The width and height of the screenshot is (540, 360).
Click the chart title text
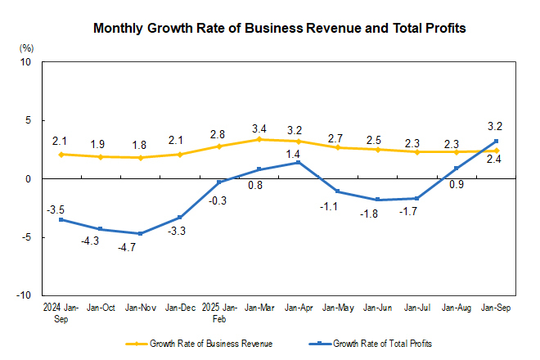[x=280, y=28]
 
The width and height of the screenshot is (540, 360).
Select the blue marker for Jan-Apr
[x=299, y=162]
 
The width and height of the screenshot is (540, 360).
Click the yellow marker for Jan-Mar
[x=259, y=139]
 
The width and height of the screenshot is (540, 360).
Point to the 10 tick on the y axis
[x=25, y=62]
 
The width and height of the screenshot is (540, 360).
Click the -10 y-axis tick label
[x=24, y=295]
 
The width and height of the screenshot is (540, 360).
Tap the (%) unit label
[x=26, y=48]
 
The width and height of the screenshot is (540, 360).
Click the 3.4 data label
[x=259, y=128]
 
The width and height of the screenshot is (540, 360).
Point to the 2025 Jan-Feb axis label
[x=219, y=313]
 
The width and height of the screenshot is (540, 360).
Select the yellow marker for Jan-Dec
[x=179, y=154]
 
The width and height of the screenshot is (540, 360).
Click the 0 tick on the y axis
[x=27, y=178]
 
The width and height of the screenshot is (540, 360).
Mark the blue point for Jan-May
[x=339, y=191]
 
